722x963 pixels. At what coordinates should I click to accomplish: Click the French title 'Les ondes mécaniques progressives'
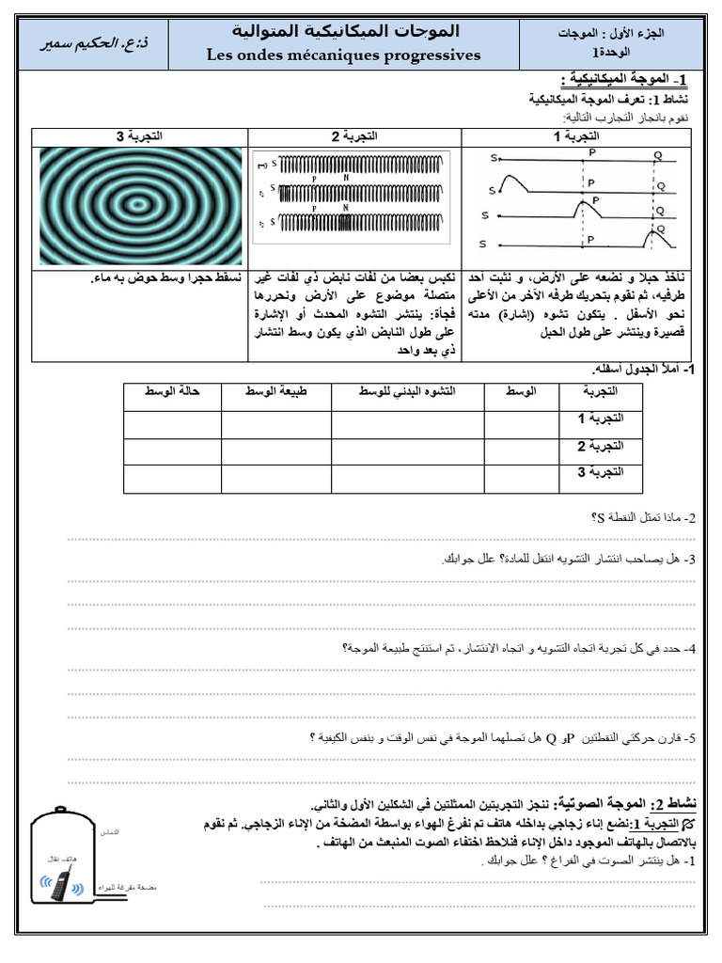[343, 55]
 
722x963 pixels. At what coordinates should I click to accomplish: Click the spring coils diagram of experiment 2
[355, 193]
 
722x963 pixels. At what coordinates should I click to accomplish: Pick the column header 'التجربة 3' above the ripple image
[139, 136]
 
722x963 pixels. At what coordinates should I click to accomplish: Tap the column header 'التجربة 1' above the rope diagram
[580, 136]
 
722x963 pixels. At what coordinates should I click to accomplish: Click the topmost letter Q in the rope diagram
[657, 151]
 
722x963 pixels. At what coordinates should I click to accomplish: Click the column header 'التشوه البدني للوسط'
[406, 390]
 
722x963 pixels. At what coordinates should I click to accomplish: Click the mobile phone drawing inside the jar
[59, 885]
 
